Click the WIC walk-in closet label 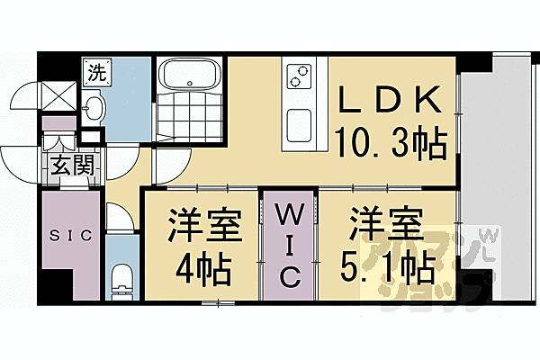tap(287, 247)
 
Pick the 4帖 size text tap(205, 267)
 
